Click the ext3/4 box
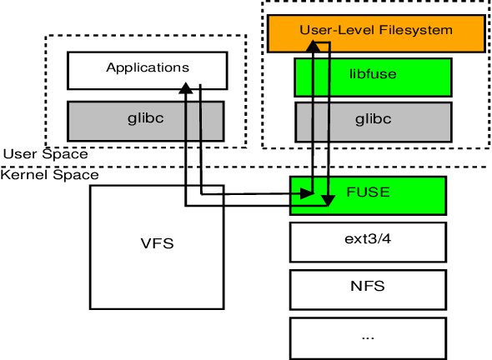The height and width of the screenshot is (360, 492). pyautogui.click(x=368, y=242)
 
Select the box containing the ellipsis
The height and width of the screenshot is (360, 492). pyautogui.click(x=368, y=337)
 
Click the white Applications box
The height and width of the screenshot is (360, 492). pyautogui.click(x=147, y=70)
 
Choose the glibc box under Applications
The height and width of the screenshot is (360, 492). pyautogui.click(x=147, y=120)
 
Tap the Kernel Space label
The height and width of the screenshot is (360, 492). pyautogui.click(x=49, y=175)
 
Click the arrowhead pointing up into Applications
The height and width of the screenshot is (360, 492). pyautogui.click(x=185, y=88)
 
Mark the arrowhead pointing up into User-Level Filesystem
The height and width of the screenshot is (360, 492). pyautogui.click(x=312, y=47)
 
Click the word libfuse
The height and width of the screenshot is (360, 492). pyautogui.click(x=373, y=74)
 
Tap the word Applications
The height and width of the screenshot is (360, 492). pyautogui.click(x=148, y=67)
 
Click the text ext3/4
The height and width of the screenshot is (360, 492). pyautogui.click(x=368, y=239)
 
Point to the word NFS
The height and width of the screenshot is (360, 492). pyautogui.click(x=368, y=286)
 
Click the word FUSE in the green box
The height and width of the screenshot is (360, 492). pyautogui.click(x=368, y=192)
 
